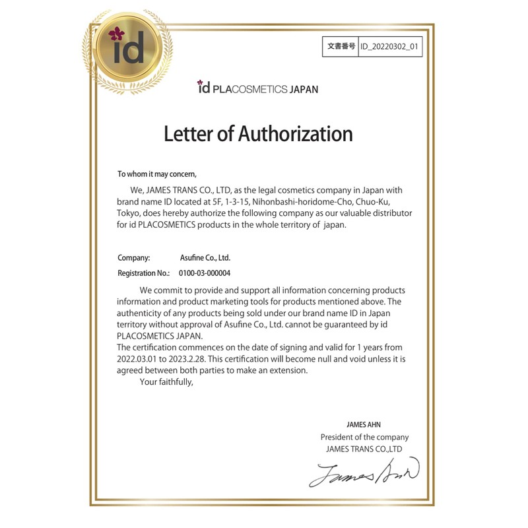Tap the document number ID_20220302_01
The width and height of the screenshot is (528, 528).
390,47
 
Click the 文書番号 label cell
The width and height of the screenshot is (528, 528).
341,47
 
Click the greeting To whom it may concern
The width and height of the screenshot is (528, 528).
157,174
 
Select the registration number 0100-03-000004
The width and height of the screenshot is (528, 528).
205,273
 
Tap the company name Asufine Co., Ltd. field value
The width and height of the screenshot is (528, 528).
205,258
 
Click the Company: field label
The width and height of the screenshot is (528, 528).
134,258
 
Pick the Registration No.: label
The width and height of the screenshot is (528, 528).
143,273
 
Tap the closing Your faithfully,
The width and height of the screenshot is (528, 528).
166,381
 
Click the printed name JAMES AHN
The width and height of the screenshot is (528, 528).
364,424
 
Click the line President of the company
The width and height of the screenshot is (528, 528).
364,437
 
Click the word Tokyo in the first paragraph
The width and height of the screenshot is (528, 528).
129,213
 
